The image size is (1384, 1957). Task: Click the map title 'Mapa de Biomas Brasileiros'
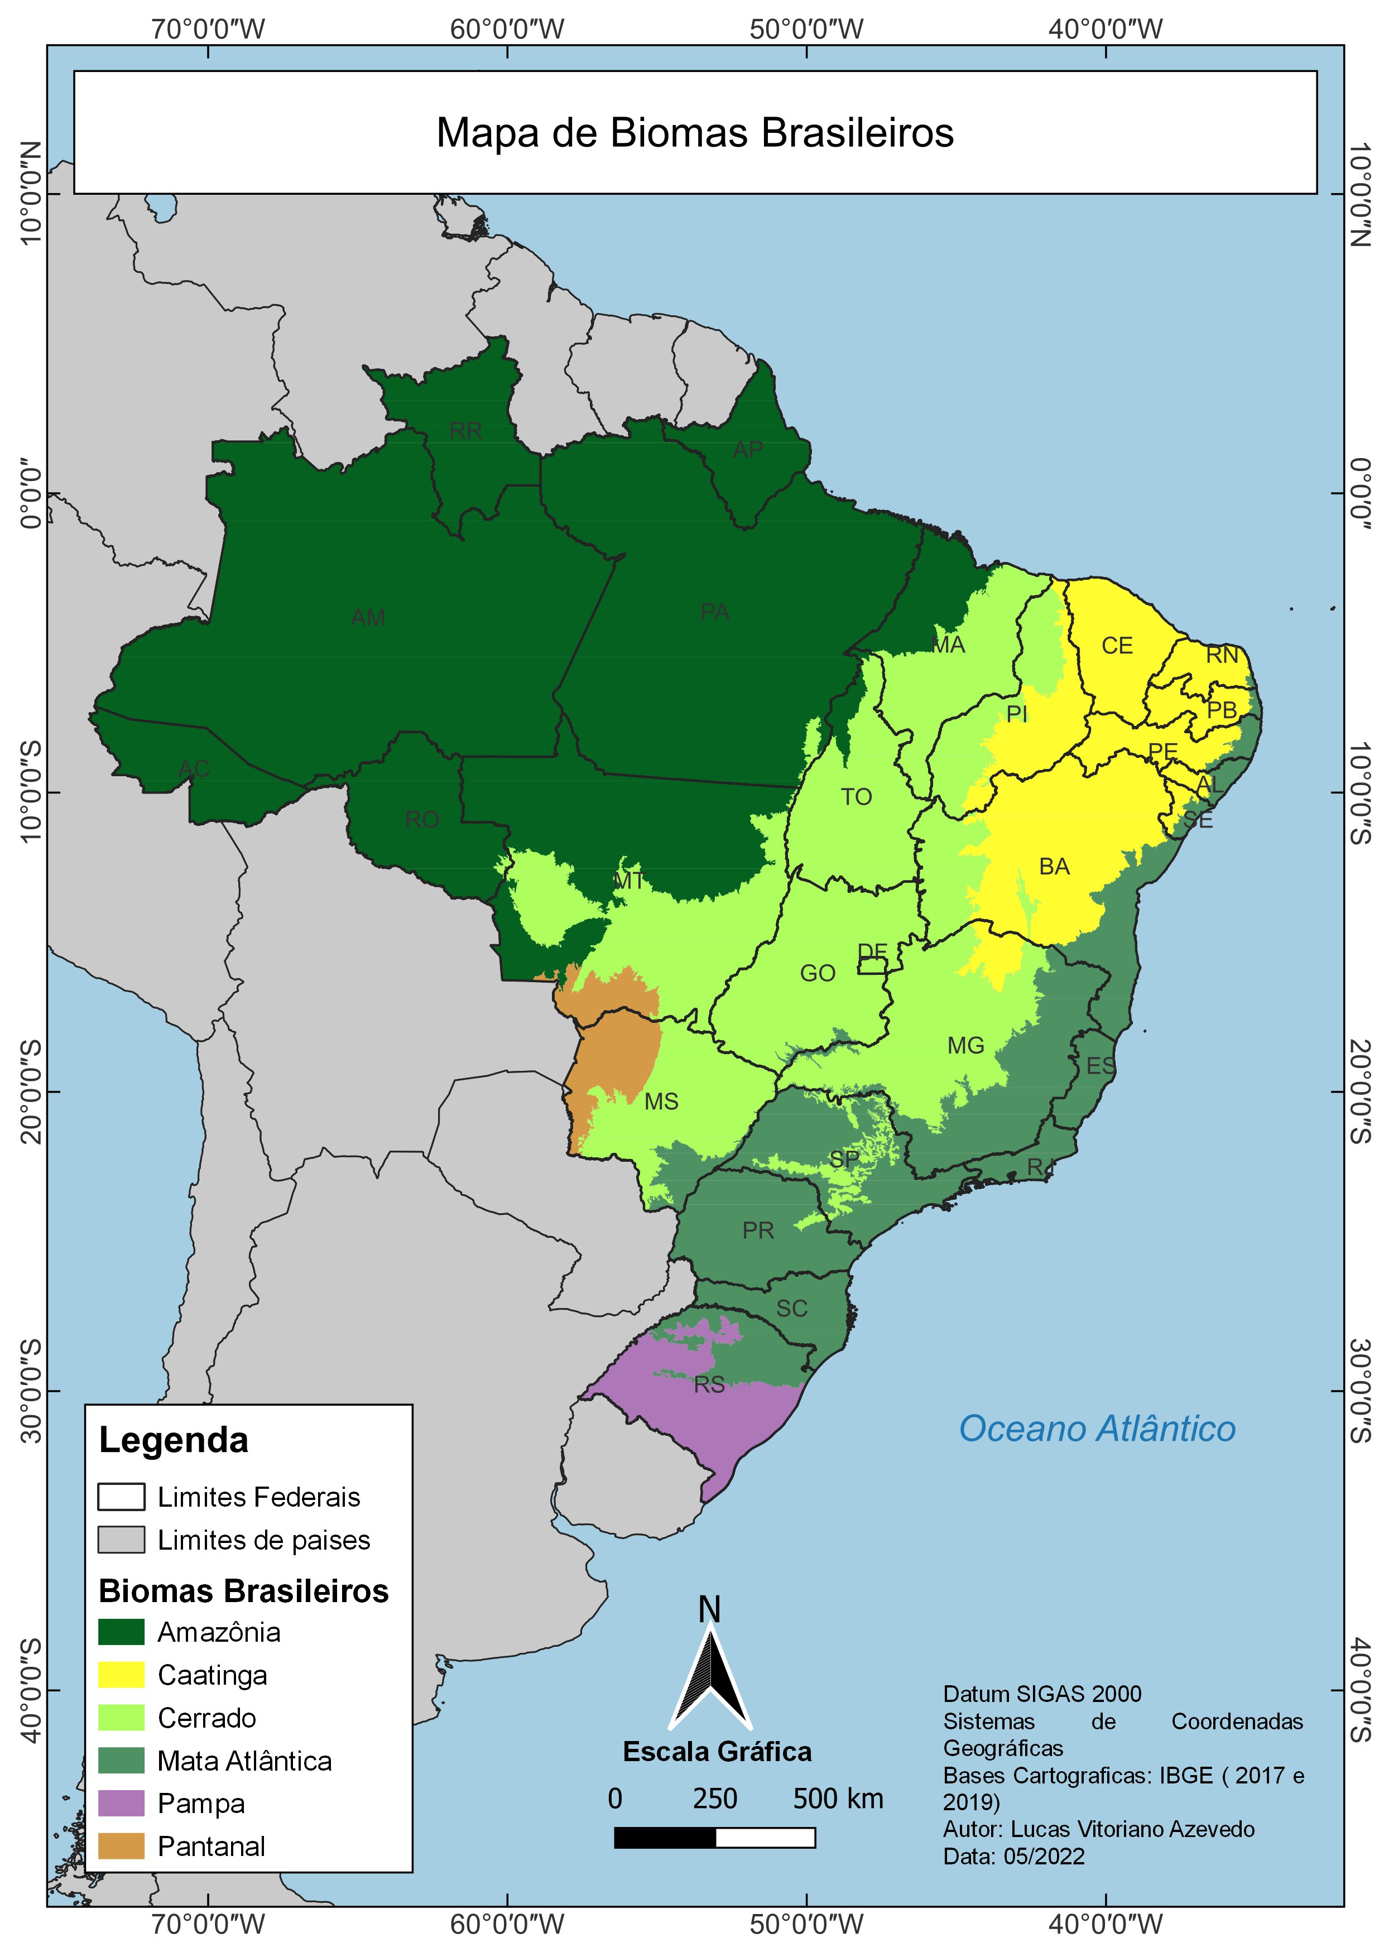click(695, 133)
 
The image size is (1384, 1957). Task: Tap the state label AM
click(368, 617)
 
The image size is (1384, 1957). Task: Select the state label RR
click(465, 430)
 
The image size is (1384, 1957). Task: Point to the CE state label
click(1116, 646)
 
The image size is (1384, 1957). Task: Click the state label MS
click(661, 1102)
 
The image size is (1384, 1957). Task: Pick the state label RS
click(709, 1385)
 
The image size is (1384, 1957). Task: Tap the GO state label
click(817, 973)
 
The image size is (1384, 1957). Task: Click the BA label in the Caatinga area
click(1054, 867)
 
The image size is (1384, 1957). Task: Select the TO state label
click(857, 797)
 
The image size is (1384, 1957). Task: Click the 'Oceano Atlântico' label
click(1097, 1430)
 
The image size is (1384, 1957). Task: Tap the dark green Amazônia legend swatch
click(121, 1632)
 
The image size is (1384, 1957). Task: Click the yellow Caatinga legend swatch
click(121, 1675)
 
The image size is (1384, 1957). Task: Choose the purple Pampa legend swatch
click(121, 1804)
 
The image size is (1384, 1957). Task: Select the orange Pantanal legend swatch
click(121, 1846)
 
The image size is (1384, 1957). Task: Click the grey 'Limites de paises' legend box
click(121, 1540)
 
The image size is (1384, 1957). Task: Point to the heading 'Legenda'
click(174, 1440)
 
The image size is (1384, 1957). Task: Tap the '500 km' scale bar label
click(838, 1799)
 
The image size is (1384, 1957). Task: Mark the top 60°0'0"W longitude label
click(507, 30)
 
